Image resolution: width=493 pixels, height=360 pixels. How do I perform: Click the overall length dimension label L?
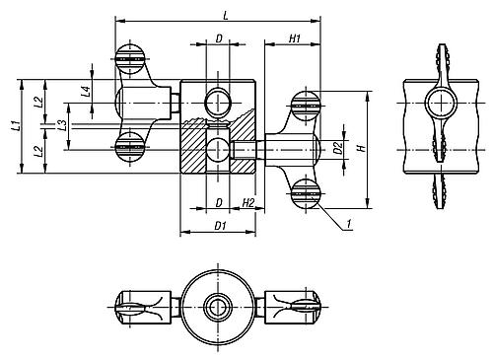[x=227, y=12]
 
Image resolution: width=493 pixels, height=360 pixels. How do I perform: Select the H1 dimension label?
[x=295, y=37]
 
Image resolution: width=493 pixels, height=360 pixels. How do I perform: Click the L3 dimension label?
[x=62, y=124]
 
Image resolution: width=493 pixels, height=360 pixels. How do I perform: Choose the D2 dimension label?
[x=337, y=149]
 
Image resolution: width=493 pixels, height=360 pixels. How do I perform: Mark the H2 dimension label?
[x=248, y=202]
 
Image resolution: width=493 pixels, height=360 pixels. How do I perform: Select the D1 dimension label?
[x=220, y=227]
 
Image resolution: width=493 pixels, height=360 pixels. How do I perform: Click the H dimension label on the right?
[x=362, y=149]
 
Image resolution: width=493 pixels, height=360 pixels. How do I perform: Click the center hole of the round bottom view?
[x=217, y=307]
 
